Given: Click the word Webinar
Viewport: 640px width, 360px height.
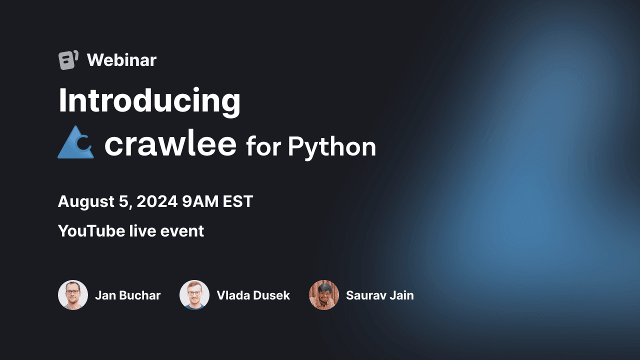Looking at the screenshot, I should [121, 60].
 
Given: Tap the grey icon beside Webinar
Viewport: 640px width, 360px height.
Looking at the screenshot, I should [68, 60].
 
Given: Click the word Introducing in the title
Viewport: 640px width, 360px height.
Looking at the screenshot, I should [149, 101].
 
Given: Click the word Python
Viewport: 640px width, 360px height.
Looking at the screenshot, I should [332, 147].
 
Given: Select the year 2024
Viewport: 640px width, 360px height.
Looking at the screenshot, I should [157, 201].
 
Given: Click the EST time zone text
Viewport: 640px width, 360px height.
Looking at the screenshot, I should [238, 201].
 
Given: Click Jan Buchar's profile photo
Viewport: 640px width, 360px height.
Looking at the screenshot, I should [73, 295].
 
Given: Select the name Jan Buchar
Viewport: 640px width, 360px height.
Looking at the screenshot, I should [127, 295].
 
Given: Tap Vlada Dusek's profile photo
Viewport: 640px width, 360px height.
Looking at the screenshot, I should [194, 295].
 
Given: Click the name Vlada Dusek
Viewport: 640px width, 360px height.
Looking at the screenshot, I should [253, 295].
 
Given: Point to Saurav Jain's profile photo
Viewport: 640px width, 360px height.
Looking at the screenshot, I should [324, 295].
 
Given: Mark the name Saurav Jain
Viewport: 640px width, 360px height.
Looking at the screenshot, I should [379, 295].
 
